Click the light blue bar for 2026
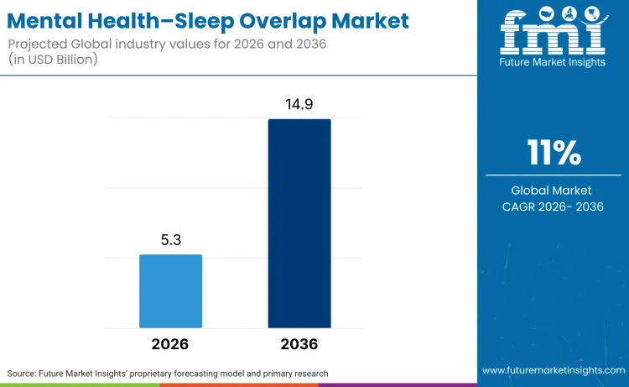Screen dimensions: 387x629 pyautogui.click(x=170, y=290)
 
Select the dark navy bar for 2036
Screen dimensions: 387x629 pyautogui.click(x=299, y=223)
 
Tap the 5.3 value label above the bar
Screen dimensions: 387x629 pyautogui.click(x=171, y=240)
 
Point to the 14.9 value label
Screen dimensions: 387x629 pyautogui.click(x=299, y=104)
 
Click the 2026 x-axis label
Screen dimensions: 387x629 pyautogui.click(x=170, y=344)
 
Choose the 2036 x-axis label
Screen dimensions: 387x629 pyautogui.click(x=299, y=344)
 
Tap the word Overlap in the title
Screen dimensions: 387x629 pyautogui.click(x=283, y=20)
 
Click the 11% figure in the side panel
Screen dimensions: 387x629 pyautogui.click(x=554, y=153)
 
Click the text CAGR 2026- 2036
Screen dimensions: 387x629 pyautogui.click(x=554, y=207)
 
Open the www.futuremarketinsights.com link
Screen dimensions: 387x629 pyautogui.click(x=553, y=370)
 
